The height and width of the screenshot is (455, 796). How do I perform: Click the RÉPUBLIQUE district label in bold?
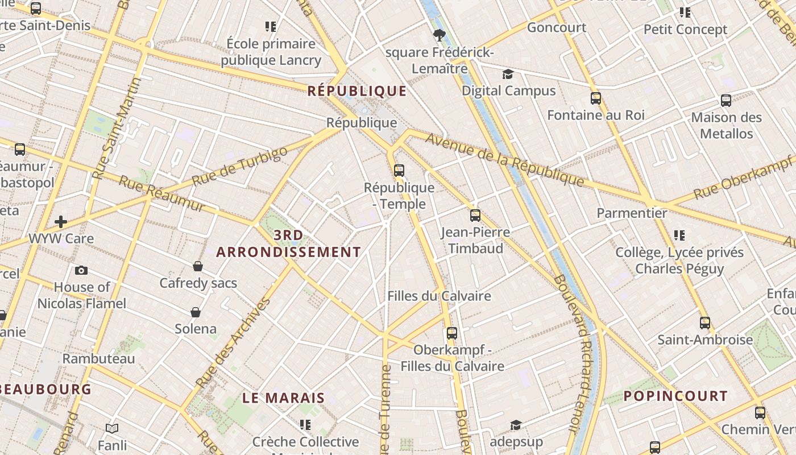(357, 91)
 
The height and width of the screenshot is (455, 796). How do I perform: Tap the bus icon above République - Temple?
(399, 170)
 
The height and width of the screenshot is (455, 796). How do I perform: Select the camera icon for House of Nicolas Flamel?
(81, 270)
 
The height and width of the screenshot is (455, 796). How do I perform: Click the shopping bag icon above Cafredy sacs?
(198, 266)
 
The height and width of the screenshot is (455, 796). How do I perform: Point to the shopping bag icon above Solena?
(196, 312)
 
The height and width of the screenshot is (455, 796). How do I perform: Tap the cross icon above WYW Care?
(61, 222)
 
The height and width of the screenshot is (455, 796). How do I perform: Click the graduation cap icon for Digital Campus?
(508, 74)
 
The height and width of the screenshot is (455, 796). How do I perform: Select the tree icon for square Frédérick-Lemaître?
(439, 36)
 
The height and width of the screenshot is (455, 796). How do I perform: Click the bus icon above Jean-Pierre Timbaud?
(475, 216)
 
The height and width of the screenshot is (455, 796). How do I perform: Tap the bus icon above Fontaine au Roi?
(596, 98)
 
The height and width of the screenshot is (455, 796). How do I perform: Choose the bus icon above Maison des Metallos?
(726, 101)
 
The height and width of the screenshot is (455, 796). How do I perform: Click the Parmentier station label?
(632, 213)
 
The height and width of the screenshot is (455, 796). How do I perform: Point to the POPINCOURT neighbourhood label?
(675, 396)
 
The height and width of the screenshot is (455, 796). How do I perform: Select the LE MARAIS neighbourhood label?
(284, 398)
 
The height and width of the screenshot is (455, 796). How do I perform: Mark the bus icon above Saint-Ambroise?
(705, 323)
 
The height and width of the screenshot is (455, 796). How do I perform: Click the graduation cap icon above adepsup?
(516, 425)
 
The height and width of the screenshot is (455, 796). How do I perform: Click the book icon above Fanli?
(112, 428)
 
